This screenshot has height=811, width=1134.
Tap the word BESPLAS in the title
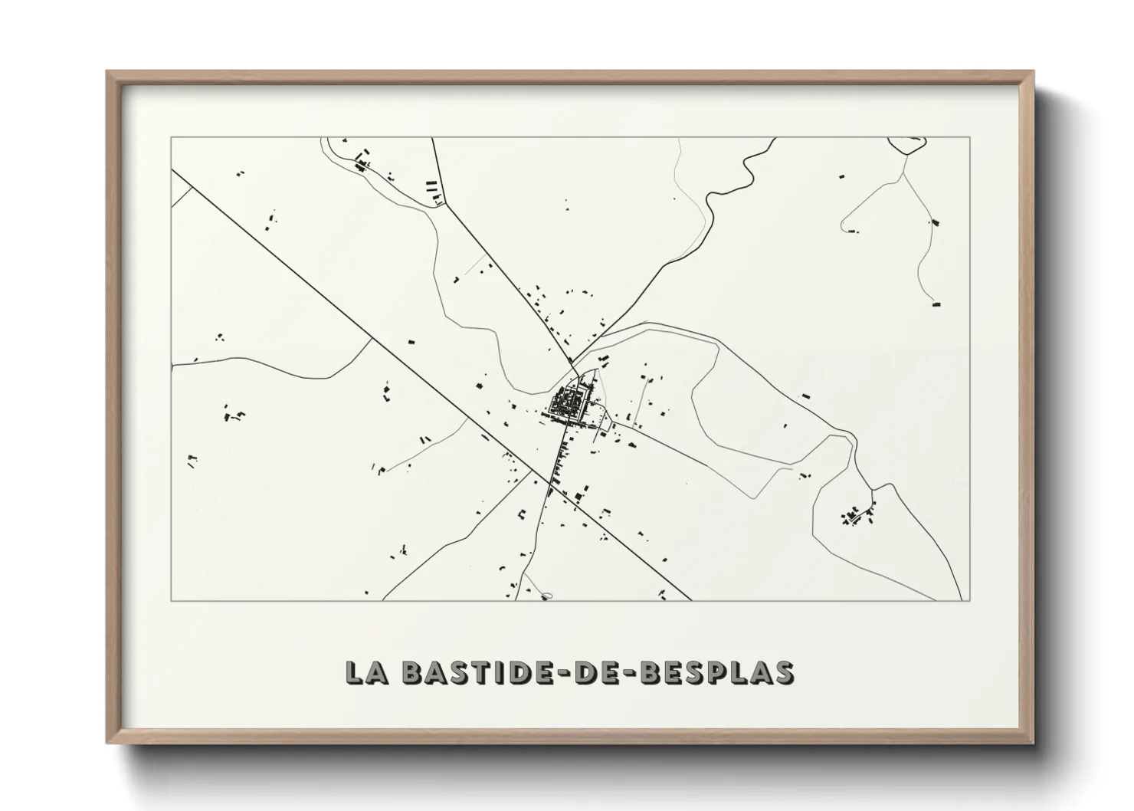pyautogui.click(x=716, y=672)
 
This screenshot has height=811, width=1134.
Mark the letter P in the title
pyautogui.click(x=718, y=672)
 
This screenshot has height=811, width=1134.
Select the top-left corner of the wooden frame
pyautogui.click(x=108, y=72)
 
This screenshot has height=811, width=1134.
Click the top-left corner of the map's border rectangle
pyautogui.click(x=172, y=138)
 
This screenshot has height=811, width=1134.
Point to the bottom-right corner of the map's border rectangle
pyautogui.click(x=971, y=600)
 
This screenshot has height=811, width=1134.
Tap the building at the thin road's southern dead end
pyautogui.click(x=936, y=304)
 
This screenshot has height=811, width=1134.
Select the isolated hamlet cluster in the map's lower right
pyautogui.click(x=856, y=515)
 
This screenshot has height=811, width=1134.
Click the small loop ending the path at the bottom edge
pyautogui.click(x=546, y=595)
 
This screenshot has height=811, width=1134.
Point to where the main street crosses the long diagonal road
pyautogui.click(x=550, y=483)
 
